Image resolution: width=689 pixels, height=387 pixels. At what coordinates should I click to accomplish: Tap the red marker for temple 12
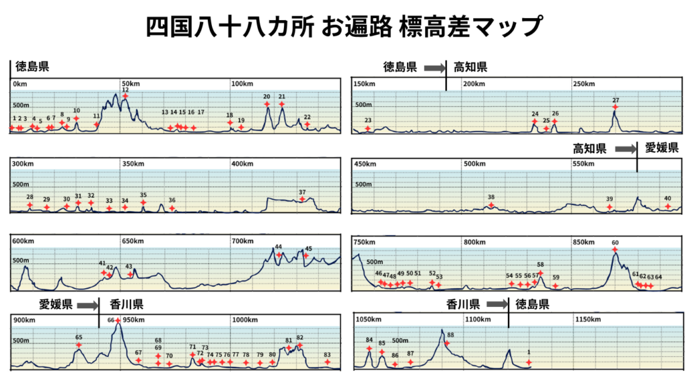tap(125, 97)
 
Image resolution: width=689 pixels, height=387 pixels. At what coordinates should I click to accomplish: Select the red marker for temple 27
tap(615, 107)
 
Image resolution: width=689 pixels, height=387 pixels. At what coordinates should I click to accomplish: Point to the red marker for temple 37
tap(302, 199)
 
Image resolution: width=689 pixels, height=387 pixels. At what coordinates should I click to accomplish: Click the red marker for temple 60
tap(615, 250)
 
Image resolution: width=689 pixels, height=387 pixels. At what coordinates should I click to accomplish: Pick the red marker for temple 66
tap(118, 320)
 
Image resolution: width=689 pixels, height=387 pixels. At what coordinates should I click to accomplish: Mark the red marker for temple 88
tap(446, 343)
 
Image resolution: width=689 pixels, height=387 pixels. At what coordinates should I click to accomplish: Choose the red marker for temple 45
tap(305, 255)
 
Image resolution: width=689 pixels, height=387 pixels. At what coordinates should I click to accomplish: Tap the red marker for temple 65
tap(79, 345)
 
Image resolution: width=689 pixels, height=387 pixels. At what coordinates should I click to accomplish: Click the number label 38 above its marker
tap(491, 197)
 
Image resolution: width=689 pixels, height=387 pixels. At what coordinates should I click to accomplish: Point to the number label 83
tap(327, 355)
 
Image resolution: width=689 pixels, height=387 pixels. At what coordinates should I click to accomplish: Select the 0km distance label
tap(20, 84)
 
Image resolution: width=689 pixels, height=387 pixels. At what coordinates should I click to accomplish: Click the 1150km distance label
tap(587, 318)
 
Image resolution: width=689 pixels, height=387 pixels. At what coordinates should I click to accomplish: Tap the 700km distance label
tap(242, 241)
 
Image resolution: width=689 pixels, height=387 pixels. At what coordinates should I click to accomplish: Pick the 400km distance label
tap(242, 164)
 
